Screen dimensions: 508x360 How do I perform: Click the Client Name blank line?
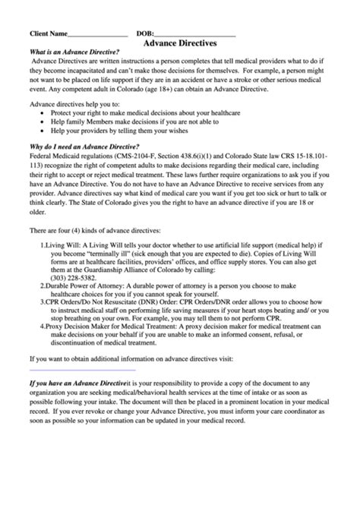(x=97, y=36)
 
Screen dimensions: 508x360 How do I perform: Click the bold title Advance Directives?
(x=181, y=45)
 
